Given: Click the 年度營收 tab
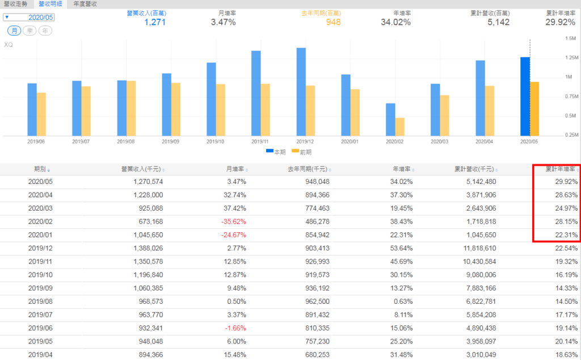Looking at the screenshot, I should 85,4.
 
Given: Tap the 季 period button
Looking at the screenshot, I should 30,30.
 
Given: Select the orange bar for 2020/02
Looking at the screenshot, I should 400,126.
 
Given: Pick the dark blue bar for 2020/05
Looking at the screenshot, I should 525,96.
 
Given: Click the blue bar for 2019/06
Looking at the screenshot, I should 32,109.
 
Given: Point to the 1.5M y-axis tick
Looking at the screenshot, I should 555,39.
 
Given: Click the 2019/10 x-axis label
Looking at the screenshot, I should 215,141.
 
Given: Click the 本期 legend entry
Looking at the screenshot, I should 276,152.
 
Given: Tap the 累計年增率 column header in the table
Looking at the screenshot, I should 560,169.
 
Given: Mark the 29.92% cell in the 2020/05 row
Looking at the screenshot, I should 567,182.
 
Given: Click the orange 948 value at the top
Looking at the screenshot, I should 334,22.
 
